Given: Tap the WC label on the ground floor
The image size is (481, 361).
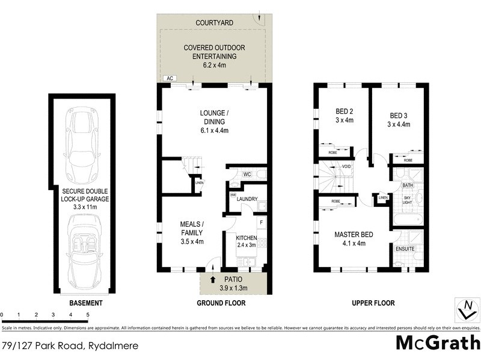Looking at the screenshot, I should pos(247,174).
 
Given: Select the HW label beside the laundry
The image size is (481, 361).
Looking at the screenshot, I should pos(233,195).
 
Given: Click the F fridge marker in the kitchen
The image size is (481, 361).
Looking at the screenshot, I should pos(260,223).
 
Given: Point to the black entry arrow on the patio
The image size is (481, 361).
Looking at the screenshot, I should pos(212,279).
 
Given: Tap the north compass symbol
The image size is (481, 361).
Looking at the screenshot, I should pos(464,309).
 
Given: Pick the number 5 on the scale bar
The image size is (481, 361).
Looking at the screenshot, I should pos(88,315).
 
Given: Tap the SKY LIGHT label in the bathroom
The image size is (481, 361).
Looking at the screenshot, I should pos(407,200).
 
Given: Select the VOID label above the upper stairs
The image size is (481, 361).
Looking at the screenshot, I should pos(346,166).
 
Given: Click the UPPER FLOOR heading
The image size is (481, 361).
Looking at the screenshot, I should pos(373,303).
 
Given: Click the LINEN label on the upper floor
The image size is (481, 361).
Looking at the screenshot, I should pos(383,197).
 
